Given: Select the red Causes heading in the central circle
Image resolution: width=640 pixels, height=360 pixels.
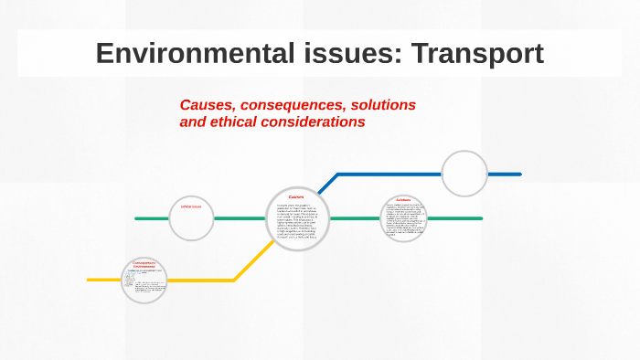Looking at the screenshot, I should [x=296, y=196].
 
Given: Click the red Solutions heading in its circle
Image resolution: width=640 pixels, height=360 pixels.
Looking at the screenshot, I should [x=404, y=199].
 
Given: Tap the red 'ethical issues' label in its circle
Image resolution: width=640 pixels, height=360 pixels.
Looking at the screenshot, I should [x=191, y=206].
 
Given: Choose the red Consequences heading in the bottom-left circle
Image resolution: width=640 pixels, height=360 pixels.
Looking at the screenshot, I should [x=145, y=264].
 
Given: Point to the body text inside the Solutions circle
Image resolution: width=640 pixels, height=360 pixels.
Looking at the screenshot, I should [x=404, y=220].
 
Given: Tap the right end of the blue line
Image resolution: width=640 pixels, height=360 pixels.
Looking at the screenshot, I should [x=518, y=174].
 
